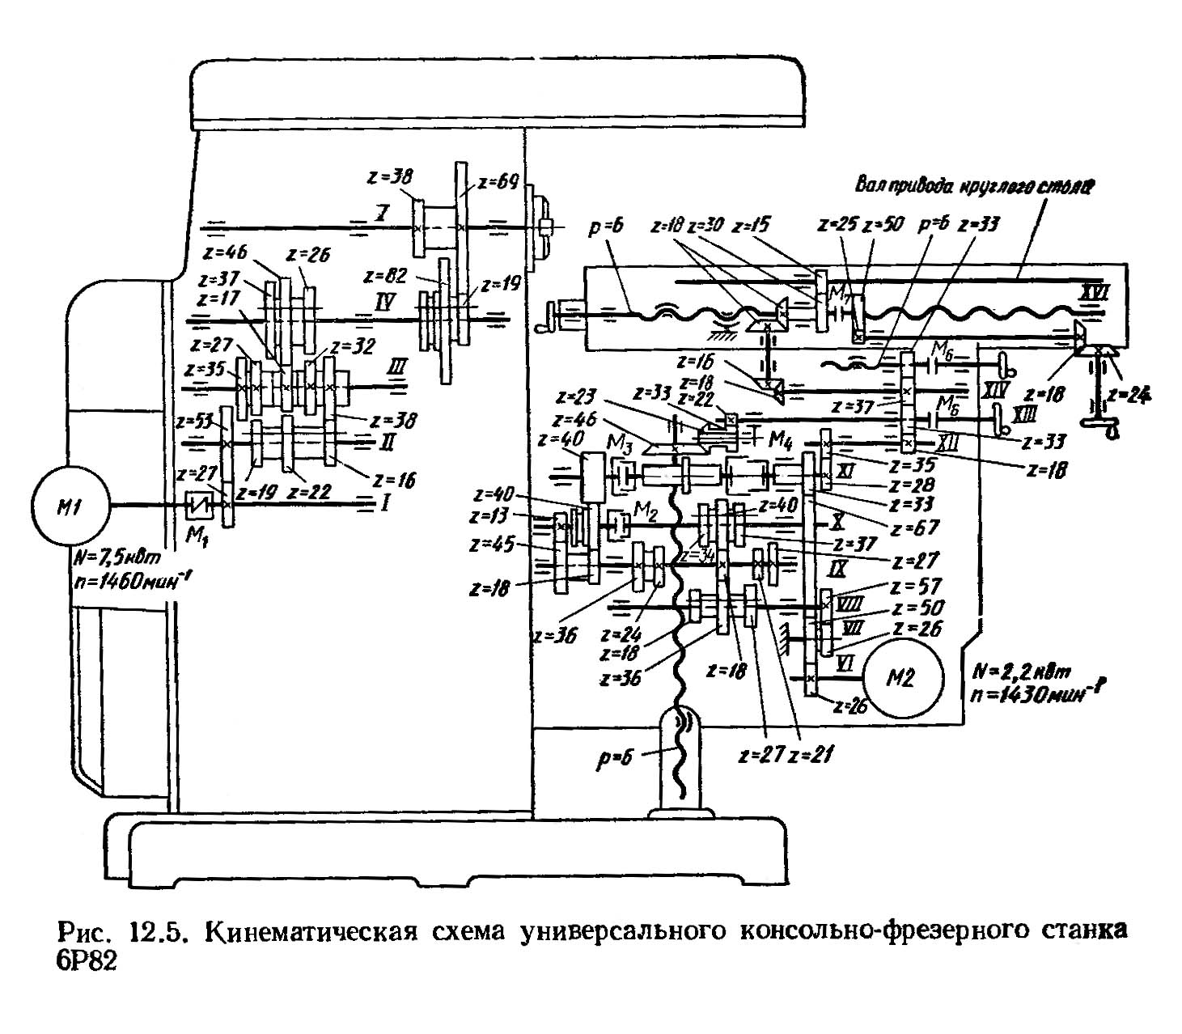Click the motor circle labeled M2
click(x=901, y=677)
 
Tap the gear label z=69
click(x=498, y=182)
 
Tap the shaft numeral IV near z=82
click(x=384, y=303)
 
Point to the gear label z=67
click(x=915, y=527)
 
